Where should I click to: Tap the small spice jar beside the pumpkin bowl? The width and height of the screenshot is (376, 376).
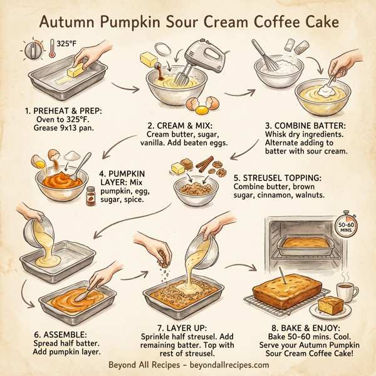click(x=91, y=196)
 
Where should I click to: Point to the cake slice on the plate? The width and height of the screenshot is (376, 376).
click(x=332, y=307)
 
